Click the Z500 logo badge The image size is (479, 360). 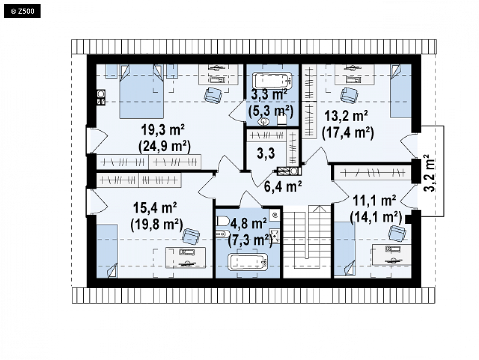22,12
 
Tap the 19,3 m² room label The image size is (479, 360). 163,130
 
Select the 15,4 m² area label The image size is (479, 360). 155,208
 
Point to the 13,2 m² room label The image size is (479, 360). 346,116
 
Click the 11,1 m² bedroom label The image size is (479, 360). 374,200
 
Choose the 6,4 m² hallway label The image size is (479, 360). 283,187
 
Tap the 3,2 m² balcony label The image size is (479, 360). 430,173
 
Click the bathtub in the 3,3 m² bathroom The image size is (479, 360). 273,80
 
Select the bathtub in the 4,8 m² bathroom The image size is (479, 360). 248,262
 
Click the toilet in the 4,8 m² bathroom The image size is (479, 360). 223,221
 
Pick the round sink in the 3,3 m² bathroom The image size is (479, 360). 263,122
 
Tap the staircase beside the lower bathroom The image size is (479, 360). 307,241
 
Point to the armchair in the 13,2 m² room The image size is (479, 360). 349,95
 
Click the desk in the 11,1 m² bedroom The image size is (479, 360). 391,255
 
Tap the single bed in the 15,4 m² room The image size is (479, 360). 107,251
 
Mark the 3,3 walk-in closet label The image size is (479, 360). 266,153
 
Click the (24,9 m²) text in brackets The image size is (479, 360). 164,146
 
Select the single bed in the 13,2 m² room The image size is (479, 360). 401,91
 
